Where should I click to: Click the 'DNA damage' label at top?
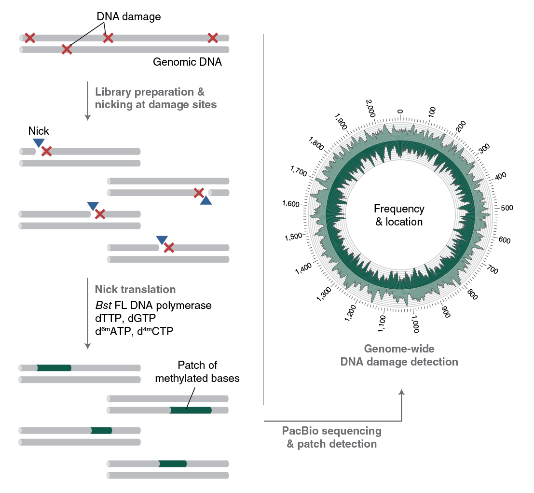[x=129, y=17]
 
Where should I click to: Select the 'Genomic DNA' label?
[x=187, y=62]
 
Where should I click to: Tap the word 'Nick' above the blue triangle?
[x=39, y=131]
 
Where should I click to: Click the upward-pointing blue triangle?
[x=206, y=200]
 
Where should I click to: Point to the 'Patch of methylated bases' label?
[x=197, y=372]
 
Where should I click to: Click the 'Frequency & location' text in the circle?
[x=399, y=215]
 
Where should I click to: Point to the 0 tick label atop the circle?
[x=400, y=111]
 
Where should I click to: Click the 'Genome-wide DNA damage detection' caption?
[x=399, y=355]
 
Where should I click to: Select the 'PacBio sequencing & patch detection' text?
[x=332, y=437]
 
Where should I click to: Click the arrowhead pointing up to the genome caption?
[x=401, y=394]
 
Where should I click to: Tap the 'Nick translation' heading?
[x=135, y=290]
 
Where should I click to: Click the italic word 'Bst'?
[x=104, y=306]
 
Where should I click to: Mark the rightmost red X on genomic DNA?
[x=213, y=38]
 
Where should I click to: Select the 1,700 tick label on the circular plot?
[x=299, y=171]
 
